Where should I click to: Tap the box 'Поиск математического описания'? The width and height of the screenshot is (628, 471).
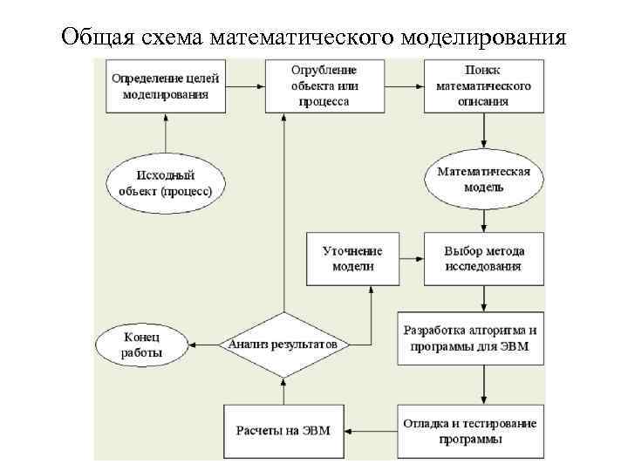(482, 85)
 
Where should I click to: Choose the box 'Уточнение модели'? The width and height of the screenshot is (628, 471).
(352, 258)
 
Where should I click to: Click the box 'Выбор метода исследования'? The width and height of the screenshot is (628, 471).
(482, 258)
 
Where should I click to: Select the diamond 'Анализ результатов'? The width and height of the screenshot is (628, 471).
(283, 345)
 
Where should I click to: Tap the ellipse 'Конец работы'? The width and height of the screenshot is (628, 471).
(142, 345)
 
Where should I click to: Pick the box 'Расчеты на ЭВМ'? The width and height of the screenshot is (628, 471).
(283, 431)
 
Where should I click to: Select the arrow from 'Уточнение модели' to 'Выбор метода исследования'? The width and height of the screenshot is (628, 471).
(411, 258)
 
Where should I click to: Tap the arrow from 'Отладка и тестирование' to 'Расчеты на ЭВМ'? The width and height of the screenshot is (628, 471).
(369, 431)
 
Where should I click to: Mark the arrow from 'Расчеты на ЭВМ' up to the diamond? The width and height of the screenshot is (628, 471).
(283, 389)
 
